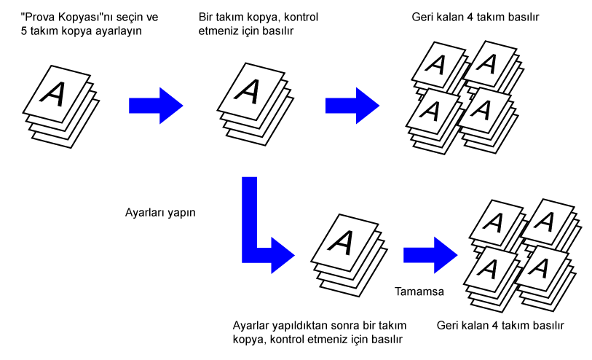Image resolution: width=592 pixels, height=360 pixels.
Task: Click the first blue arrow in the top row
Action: point(154,105)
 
